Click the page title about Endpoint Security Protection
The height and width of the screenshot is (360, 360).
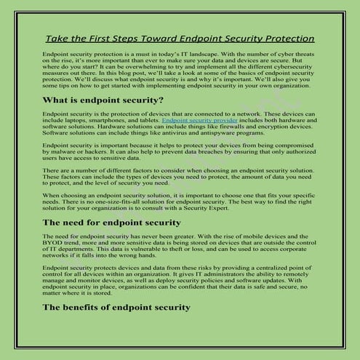180,38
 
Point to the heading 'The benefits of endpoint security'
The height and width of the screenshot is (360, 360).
116,308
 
